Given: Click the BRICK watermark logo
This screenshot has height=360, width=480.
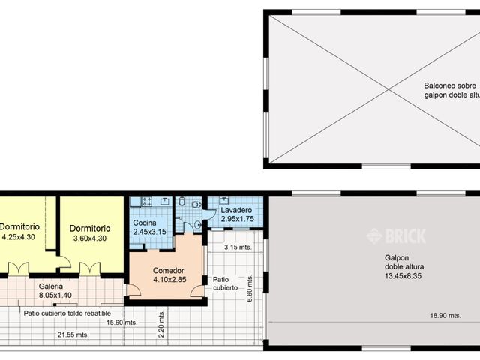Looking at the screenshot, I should [x=396, y=236].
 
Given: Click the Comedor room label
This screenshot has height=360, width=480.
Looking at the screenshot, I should [x=168, y=271].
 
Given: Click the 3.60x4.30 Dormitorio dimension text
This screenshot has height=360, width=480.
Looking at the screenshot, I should [x=89, y=238].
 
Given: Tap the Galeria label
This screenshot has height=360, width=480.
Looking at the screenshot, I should [x=51, y=286].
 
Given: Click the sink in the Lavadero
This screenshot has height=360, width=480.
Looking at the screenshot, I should [x=223, y=201].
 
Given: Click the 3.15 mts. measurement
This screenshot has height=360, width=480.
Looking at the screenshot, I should [x=237, y=246].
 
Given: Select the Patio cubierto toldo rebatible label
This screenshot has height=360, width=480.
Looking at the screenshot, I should [x=67, y=313].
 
